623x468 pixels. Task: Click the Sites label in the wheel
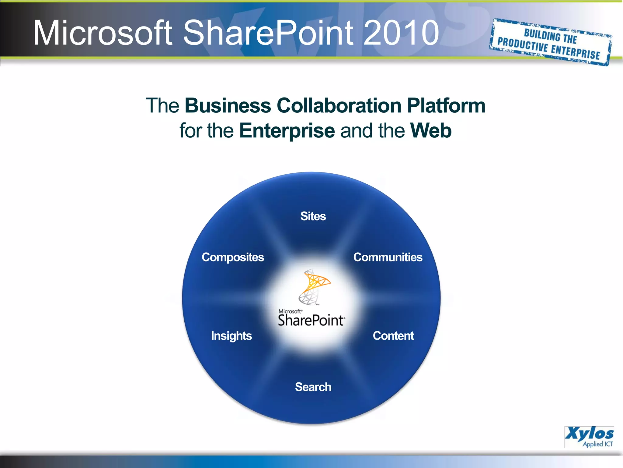point(313,216)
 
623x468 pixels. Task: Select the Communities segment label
point(388,257)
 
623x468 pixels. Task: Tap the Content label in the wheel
point(393,335)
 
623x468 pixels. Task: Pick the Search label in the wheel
point(313,387)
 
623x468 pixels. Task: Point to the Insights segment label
point(231,336)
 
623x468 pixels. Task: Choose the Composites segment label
point(233,257)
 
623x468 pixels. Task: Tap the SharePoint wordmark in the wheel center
point(311,321)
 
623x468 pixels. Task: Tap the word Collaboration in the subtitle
point(339,105)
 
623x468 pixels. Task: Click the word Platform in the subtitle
point(446,105)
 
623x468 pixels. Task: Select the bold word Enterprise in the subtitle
point(287,130)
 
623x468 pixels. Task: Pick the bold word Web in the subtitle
point(430,130)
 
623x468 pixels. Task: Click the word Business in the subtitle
point(228,105)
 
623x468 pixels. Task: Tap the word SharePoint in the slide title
point(268,33)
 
